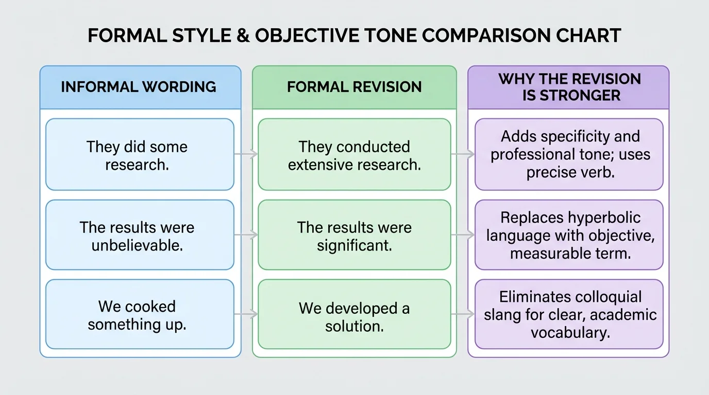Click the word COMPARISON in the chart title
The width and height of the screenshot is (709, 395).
point(484,35)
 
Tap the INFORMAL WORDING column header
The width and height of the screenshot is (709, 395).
point(139,87)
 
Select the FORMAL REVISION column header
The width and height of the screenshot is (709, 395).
point(354,87)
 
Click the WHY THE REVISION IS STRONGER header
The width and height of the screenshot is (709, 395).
point(569,87)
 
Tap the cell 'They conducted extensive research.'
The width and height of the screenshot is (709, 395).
point(354,155)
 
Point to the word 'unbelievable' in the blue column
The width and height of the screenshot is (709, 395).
point(137,245)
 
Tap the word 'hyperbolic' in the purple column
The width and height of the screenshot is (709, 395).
point(603,218)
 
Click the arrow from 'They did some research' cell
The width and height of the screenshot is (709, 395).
point(246,153)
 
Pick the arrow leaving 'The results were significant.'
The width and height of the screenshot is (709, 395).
point(463,235)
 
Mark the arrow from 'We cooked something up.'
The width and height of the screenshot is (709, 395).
point(246,314)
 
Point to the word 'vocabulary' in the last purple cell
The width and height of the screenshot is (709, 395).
point(570,332)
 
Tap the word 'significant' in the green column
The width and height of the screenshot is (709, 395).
point(354,245)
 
